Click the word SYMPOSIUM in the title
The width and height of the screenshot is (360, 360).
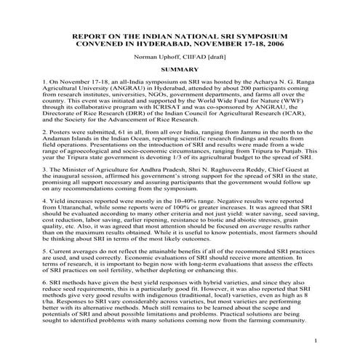click(x=258, y=35)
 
